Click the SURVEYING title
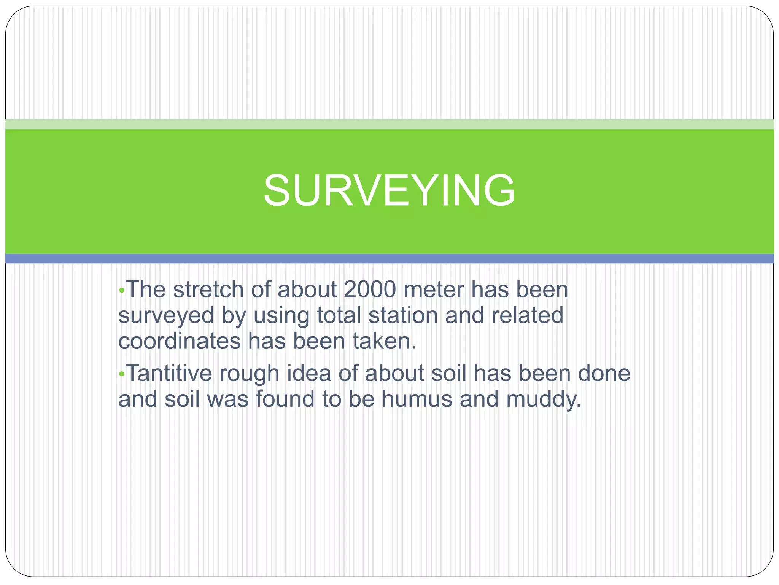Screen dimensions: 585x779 coord(389,190)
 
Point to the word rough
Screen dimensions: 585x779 coord(249,374)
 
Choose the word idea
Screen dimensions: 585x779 coord(308,373)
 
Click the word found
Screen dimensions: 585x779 coord(285,399)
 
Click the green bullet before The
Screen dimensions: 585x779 coord(122,291)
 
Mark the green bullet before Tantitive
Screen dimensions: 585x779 coord(122,374)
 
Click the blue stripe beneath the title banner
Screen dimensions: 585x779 coord(389,259)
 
